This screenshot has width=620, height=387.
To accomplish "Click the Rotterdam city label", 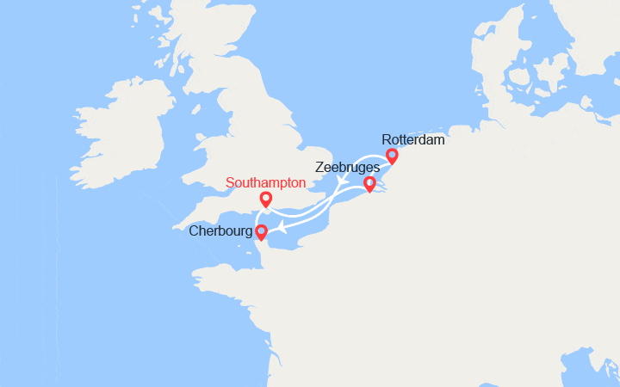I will tap(413, 139).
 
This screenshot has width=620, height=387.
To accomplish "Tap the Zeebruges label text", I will tap(345, 169).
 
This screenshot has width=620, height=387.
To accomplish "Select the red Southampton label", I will tap(265, 183).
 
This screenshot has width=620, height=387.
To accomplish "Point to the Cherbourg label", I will tap(222, 231).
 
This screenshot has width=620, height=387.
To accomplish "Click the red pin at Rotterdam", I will tap(392, 156).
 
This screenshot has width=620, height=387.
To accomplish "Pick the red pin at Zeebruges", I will tap(369, 183).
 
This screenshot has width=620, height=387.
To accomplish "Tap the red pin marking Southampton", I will tap(266, 200).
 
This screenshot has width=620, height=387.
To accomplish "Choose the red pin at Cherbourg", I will tap(261, 230).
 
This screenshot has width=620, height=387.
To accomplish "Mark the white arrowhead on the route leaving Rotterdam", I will tap(342, 180).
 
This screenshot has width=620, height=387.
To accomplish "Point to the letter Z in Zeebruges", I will tap(319, 169).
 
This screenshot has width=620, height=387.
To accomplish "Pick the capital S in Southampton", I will tap(230, 183).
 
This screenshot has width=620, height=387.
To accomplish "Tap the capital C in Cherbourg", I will tap(194, 231).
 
